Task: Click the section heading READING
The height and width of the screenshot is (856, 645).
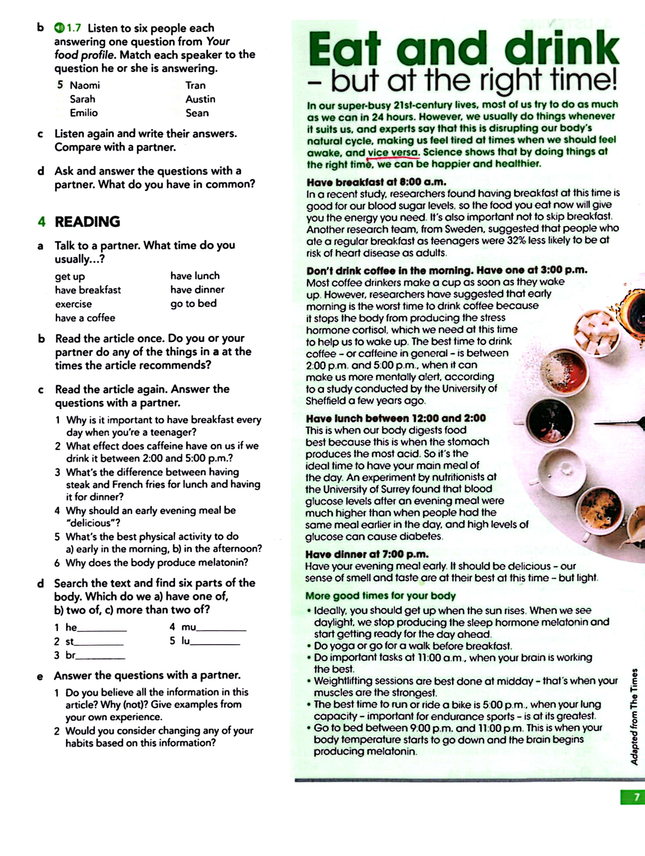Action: pos(87,222)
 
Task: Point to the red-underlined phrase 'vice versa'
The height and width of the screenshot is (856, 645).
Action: pos(393,152)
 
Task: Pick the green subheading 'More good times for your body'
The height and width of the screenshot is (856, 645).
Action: pos(380,595)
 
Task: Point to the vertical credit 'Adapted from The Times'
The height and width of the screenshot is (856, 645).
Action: pos(634,716)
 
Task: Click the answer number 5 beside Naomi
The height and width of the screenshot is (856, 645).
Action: pos(60,85)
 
